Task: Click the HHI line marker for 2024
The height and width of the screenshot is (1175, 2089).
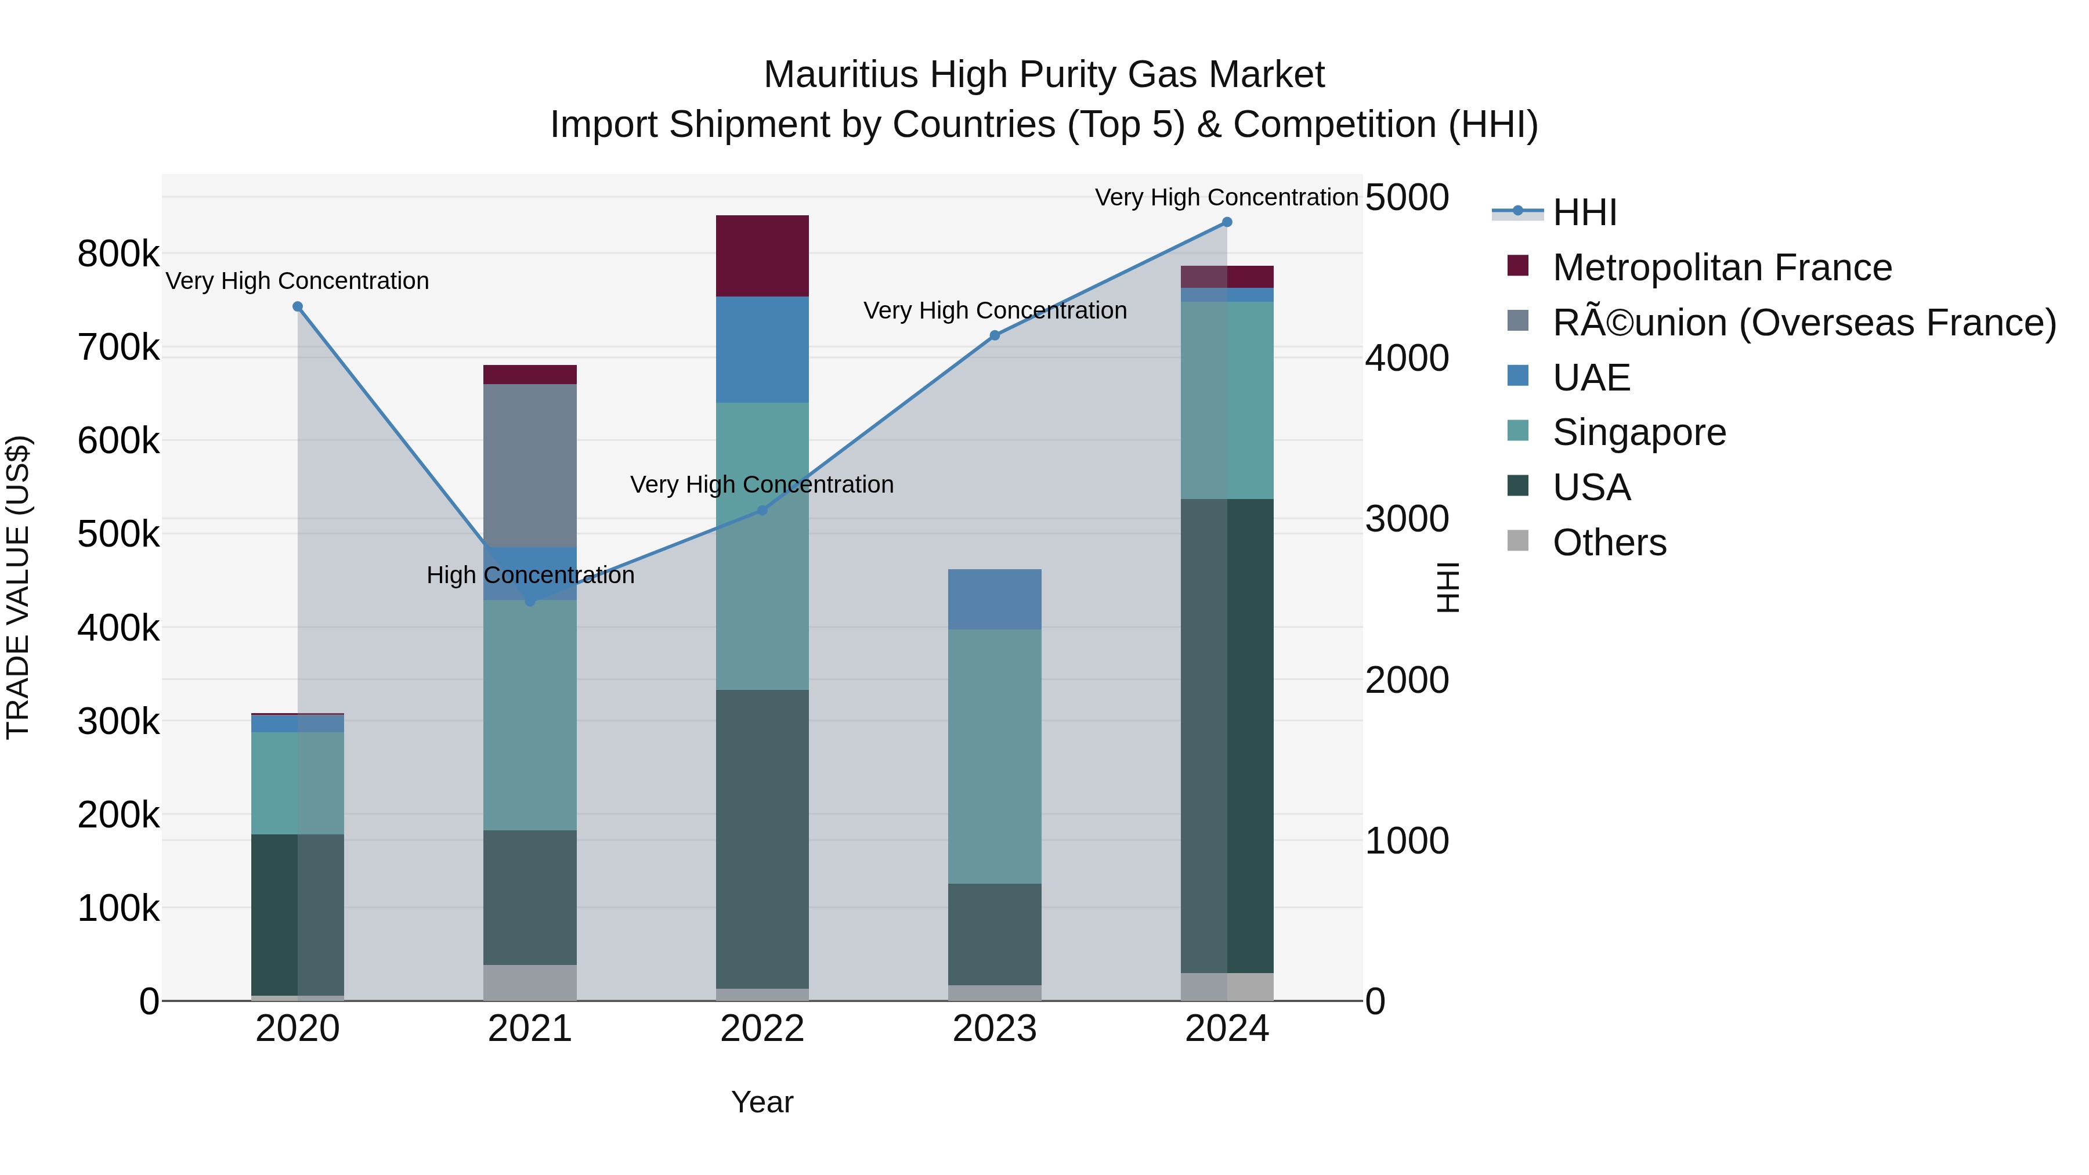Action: [x=1226, y=222]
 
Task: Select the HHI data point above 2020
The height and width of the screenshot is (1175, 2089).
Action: [x=298, y=306]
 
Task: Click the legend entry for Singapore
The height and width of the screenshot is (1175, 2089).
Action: [x=1638, y=432]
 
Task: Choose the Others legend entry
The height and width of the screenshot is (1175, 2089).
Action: [x=1609, y=543]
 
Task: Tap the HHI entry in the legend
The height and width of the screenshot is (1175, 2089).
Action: [x=1584, y=212]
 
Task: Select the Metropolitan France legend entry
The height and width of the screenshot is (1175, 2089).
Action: [x=1721, y=267]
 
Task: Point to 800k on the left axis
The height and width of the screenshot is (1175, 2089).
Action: [x=118, y=254]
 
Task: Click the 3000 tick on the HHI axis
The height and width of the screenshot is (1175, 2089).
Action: [x=1406, y=518]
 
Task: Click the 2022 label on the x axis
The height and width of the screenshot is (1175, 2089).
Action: [x=762, y=1029]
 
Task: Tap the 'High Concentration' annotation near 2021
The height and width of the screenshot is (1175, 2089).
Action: [x=530, y=575]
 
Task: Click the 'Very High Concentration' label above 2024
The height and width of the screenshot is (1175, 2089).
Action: [x=1226, y=197]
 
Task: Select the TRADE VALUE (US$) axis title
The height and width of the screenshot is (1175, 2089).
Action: [x=18, y=587]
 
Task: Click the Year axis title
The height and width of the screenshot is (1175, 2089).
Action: [x=762, y=1102]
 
